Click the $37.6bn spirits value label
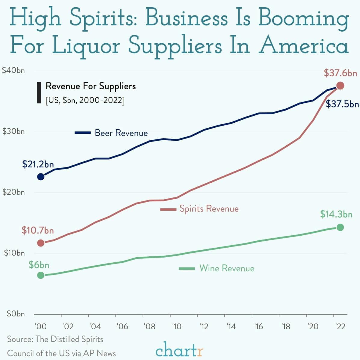point(340,73)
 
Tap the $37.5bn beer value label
point(342,104)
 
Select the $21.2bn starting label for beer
point(38,164)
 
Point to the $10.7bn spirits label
point(38,230)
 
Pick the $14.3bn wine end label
point(336,214)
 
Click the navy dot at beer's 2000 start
point(41,177)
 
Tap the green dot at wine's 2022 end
point(340,227)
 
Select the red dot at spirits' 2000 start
point(41,243)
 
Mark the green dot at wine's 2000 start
point(41,275)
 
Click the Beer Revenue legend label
point(121,133)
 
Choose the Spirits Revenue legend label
point(209,209)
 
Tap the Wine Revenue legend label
point(227,268)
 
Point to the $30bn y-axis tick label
point(14,132)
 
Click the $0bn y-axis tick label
point(15,314)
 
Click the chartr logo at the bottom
point(180,350)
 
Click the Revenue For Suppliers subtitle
point(91,86)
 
